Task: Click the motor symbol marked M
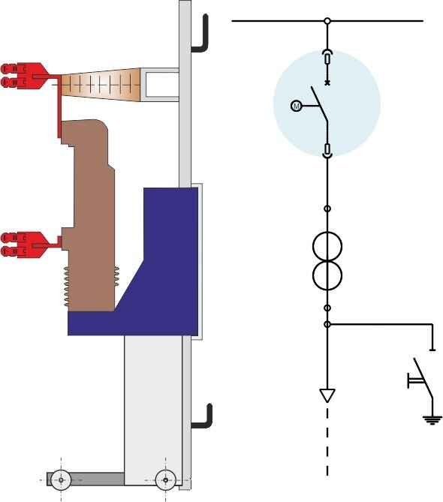coord(297,106)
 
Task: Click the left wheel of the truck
coord(61,480)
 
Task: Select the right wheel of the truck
coord(165,480)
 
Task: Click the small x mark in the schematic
coord(327,83)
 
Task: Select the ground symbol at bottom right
coord(432,419)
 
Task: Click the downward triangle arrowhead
coord(327,395)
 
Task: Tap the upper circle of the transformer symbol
coord(327,247)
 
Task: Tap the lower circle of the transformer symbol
coord(327,275)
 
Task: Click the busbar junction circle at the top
coord(327,21)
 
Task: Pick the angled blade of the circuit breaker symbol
coord(320,104)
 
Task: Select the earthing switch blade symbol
coord(423,377)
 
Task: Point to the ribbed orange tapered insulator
coord(101,85)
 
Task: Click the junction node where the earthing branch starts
coord(327,324)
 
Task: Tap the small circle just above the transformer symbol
coord(327,209)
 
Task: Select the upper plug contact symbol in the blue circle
coord(327,58)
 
